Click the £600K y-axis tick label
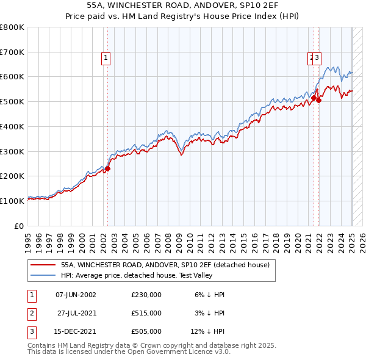coord(12,77)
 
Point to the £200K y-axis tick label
coord(12,176)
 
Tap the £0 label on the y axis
coord(20,226)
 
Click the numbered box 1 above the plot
coord(106,58)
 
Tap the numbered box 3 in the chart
coord(318,58)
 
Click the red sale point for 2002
coord(107,168)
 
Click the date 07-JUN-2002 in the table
coord(76,295)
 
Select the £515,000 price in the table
coord(146,313)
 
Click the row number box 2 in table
coord(31,313)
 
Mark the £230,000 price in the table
coord(146,295)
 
